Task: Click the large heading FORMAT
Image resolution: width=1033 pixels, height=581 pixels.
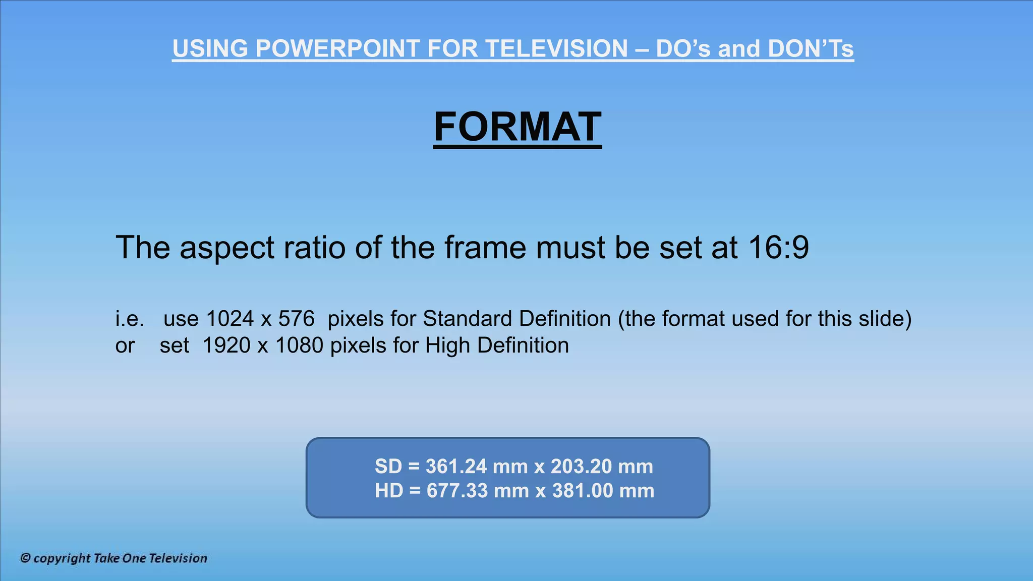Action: pyautogui.click(x=518, y=127)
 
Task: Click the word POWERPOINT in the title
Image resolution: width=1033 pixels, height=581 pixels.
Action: pyautogui.click(x=337, y=49)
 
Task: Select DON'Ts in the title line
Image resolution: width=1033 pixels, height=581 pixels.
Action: pyautogui.click(x=811, y=49)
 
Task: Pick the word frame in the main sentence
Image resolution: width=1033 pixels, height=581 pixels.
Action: pyautogui.click(x=485, y=248)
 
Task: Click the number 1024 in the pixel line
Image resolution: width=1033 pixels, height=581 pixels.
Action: pyautogui.click(x=230, y=319)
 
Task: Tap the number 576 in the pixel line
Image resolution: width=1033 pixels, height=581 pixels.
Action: pyautogui.click(x=297, y=319)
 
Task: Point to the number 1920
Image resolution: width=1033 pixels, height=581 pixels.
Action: pyautogui.click(x=226, y=345)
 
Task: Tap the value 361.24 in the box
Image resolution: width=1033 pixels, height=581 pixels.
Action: pyautogui.click(x=456, y=467)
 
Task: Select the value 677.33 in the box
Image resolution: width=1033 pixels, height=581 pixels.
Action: pyautogui.click(x=457, y=491)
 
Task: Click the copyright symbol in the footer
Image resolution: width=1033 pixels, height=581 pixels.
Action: pyautogui.click(x=25, y=558)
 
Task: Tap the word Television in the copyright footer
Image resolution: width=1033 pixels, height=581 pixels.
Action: pyautogui.click(x=178, y=558)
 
